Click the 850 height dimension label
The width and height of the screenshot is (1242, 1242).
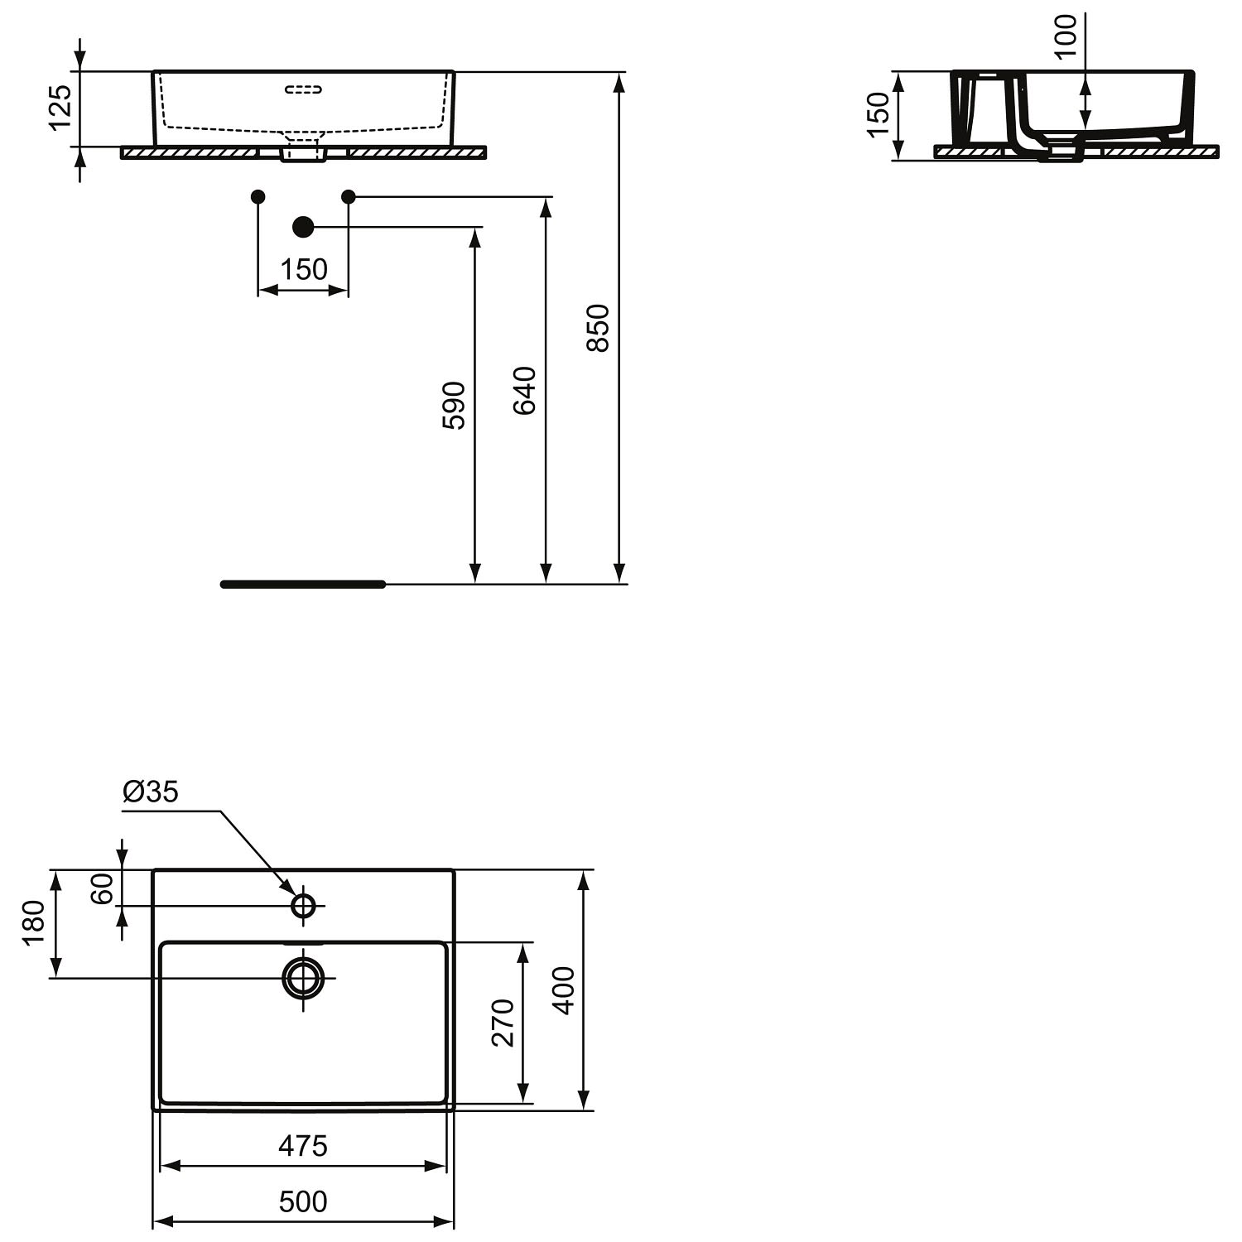click(x=599, y=328)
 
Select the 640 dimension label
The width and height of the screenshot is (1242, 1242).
click(x=525, y=390)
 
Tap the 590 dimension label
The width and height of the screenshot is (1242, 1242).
click(x=454, y=405)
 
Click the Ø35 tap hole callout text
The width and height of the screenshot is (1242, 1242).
click(x=150, y=792)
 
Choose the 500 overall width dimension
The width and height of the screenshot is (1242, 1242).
click(x=303, y=1201)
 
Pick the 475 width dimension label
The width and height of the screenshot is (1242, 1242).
click(x=303, y=1146)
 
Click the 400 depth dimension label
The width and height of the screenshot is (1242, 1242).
click(x=564, y=990)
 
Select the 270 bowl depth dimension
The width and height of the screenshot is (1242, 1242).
click(x=503, y=1023)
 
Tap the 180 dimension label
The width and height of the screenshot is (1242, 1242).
click(x=33, y=923)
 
